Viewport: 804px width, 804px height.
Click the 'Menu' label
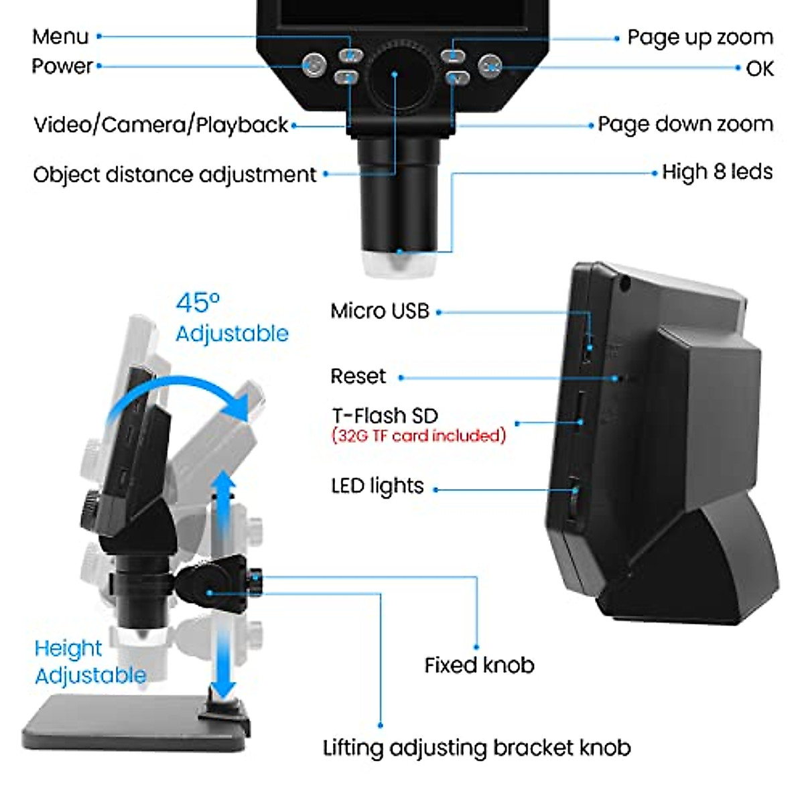pos(60,37)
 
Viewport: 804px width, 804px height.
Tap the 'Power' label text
pos(62,66)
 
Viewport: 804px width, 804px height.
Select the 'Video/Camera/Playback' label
pos(161,125)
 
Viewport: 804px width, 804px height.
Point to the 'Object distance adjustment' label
pos(174,175)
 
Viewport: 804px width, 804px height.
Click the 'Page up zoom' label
pos(699,38)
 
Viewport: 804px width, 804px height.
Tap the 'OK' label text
pos(760,68)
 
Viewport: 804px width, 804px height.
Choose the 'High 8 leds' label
pos(717,172)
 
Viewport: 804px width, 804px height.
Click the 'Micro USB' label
pos(379,311)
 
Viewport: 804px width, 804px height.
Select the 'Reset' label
pos(358,377)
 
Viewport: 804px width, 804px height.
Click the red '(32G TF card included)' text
pos(419,436)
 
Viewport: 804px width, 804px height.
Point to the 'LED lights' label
pos(377,486)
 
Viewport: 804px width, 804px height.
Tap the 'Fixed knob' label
pos(479,665)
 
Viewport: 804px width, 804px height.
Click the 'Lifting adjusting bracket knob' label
pos(476,748)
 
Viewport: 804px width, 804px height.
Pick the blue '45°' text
pos(198,304)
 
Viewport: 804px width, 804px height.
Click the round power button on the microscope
pos(314,66)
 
